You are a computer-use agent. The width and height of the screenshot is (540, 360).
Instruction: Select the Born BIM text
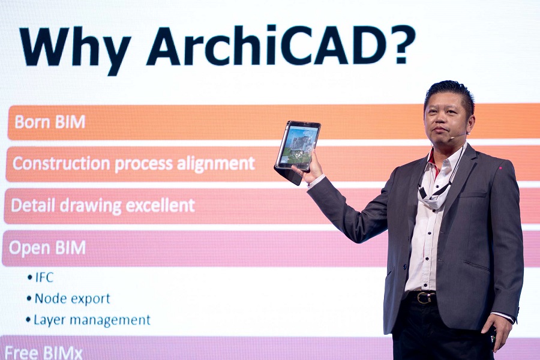click(50, 122)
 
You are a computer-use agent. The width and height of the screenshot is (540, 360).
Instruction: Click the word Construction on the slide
click(61, 163)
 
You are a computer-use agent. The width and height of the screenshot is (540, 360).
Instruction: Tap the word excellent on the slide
click(160, 205)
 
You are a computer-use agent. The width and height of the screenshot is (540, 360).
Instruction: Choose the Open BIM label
click(47, 248)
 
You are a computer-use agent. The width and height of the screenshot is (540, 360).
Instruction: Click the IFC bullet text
click(44, 277)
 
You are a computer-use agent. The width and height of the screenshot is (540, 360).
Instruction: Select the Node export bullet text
click(73, 298)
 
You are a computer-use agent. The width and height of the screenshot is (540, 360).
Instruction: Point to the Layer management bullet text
click(92, 320)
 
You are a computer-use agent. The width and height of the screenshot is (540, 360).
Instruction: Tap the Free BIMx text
click(44, 353)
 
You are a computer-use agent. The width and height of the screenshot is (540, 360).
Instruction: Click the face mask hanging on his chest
click(431, 196)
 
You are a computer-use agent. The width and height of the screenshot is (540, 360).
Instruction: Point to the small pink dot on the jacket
click(500, 169)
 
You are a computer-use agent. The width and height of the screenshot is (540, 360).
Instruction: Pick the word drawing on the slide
click(91, 206)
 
